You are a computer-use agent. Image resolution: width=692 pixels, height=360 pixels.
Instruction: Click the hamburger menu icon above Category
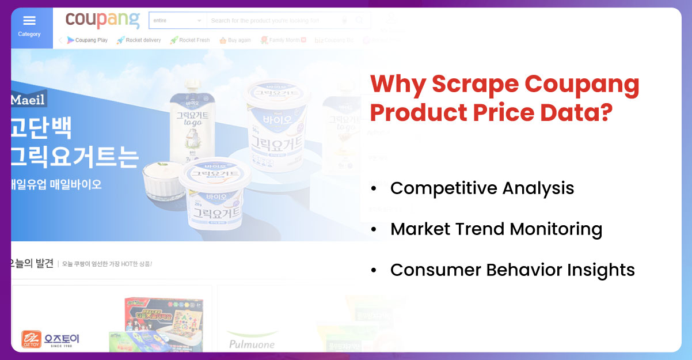(29, 21)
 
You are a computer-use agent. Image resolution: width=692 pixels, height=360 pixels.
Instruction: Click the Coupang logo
(102, 20)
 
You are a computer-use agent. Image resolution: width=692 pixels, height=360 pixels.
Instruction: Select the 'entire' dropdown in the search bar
(177, 21)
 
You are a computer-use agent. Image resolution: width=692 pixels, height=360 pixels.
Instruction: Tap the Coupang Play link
(88, 40)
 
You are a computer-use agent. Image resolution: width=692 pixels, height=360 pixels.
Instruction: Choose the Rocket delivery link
(139, 40)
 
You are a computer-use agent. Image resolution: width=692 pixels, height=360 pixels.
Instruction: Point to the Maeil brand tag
(28, 99)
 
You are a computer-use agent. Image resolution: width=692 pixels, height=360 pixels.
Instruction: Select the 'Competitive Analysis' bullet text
(482, 188)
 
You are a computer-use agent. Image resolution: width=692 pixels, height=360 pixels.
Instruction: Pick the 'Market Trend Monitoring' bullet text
(496, 229)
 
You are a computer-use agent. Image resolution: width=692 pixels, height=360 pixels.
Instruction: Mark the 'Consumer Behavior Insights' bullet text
(512, 270)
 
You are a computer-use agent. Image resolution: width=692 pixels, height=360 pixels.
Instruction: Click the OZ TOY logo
(50, 339)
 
